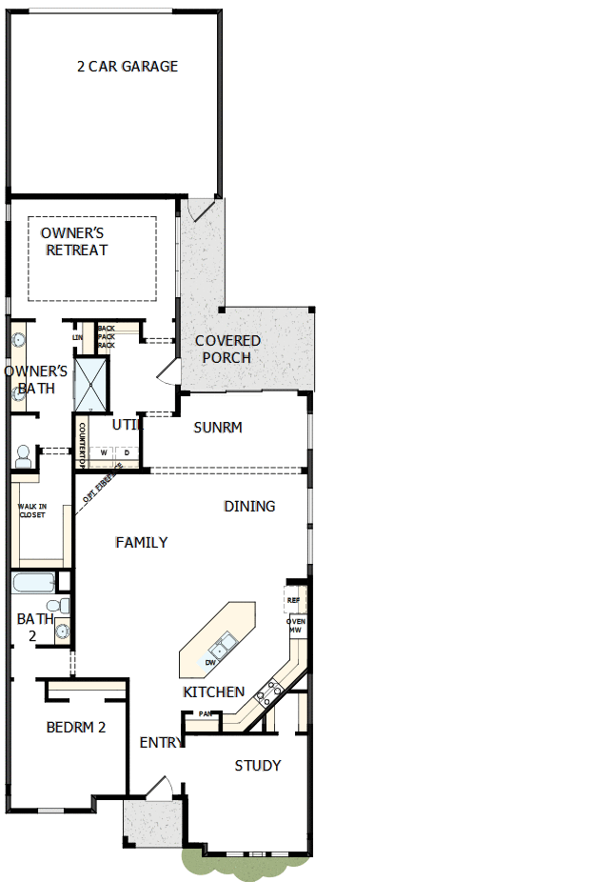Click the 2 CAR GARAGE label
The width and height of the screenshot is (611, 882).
coord(128,67)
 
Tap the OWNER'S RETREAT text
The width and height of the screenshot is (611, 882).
coord(74,241)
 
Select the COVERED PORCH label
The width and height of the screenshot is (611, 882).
coord(227,349)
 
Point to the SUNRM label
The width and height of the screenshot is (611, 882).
coord(218,428)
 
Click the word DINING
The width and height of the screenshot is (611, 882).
coord(249,506)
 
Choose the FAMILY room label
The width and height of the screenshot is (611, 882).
coord(142,542)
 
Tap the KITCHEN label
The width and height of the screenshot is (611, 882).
coord(214,692)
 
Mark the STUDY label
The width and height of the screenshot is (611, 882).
coord(258,765)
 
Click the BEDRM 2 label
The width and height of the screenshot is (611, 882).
coord(76,727)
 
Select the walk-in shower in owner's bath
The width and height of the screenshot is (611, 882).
coord(92,384)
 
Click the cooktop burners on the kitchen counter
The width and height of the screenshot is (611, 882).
coord(268,693)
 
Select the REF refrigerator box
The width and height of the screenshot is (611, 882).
coord(294,601)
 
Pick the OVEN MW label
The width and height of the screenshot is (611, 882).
coord(296,625)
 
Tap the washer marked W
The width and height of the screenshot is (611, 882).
coord(104,452)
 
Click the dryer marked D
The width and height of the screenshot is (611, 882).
coord(127,452)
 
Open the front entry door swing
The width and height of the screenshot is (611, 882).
coord(159,789)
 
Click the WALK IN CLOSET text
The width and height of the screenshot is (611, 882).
coord(32,510)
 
